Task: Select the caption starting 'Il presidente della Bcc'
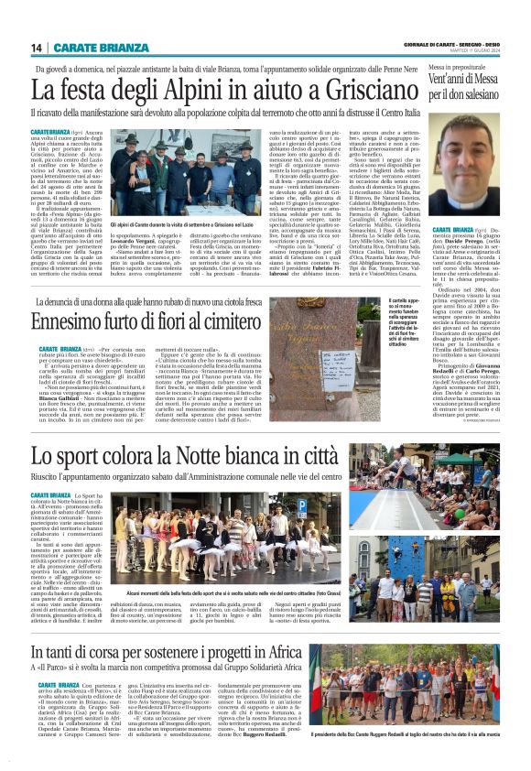[418, 760]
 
